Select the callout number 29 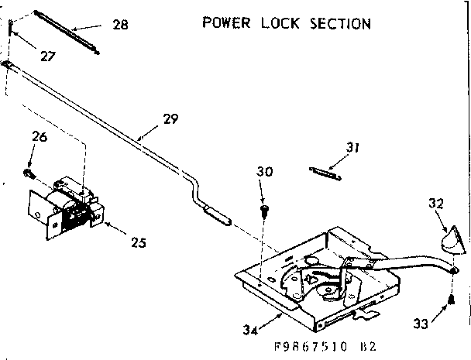170,119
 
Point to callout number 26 40,138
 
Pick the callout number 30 266,172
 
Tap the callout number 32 435,204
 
